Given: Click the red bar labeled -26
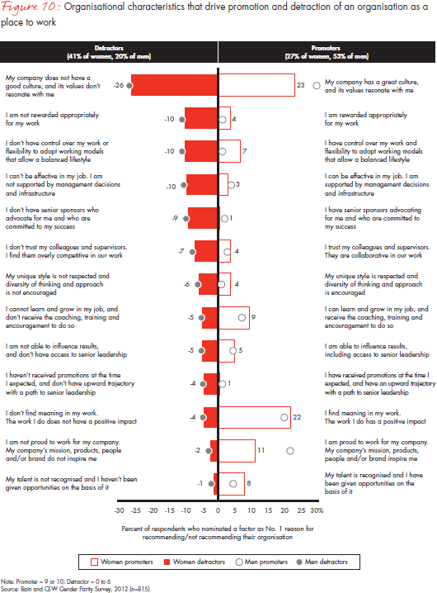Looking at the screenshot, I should [174, 84].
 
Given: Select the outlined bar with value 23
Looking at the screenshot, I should [256, 84].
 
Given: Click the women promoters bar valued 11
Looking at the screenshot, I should [235, 453].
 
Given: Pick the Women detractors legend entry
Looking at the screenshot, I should [195, 562].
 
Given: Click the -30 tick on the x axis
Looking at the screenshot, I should [119, 511].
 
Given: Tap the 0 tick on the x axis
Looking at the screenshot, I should [218, 511].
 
